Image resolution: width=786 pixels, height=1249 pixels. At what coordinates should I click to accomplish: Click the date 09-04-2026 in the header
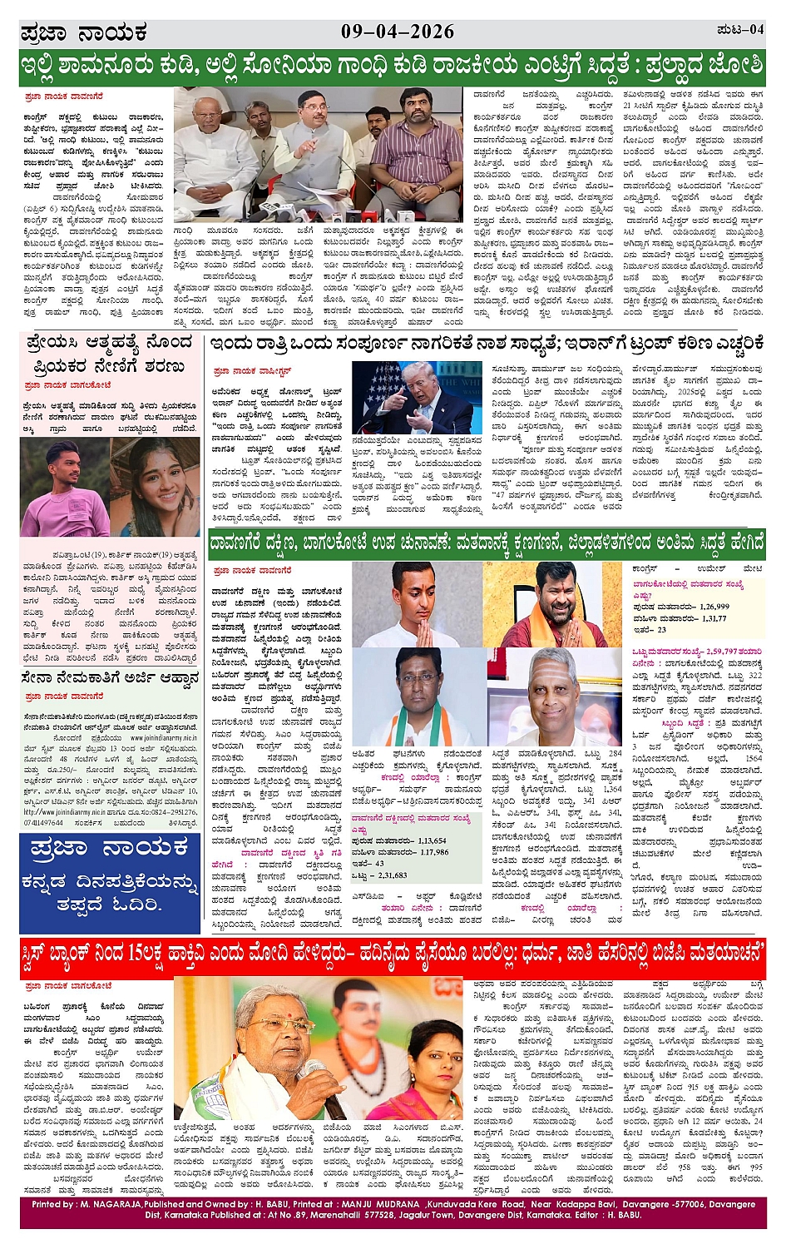398,32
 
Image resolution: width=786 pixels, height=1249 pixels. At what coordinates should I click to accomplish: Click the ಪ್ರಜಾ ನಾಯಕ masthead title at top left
83,34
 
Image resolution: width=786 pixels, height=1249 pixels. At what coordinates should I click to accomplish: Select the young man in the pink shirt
64,487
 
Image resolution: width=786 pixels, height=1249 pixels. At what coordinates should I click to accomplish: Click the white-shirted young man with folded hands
416,603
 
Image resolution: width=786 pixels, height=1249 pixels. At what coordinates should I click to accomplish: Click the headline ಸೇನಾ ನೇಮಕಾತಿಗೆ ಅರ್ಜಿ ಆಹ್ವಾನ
110,678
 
